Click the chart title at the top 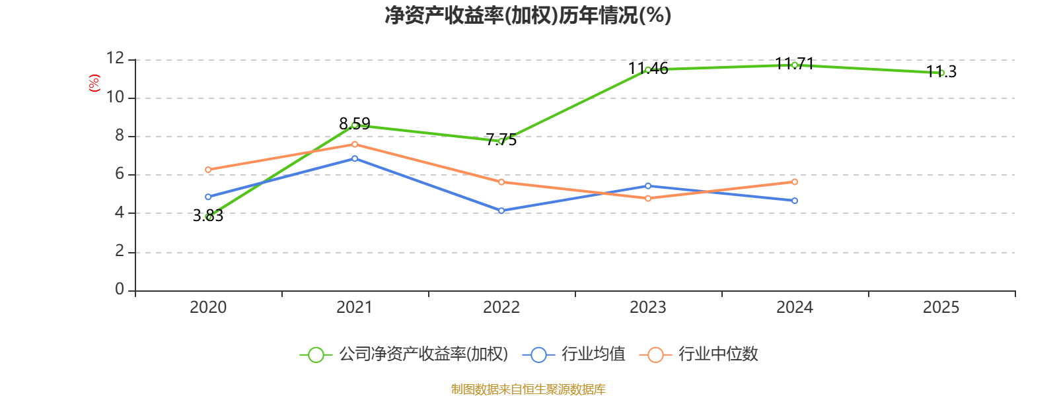tap(528, 15)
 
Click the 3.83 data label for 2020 tap(208, 216)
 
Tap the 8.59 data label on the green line tap(355, 123)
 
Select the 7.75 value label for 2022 tap(501, 139)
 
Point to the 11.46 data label tap(648, 68)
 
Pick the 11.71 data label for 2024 tap(794, 63)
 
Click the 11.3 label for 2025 tap(941, 71)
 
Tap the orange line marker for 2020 tap(208, 170)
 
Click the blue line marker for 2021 tap(355, 158)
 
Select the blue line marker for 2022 tap(501, 211)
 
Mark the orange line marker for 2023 tap(648, 198)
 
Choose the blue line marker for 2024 tap(795, 201)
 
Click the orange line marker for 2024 tap(795, 181)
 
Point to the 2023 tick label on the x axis tap(648, 307)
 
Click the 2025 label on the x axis tap(941, 307)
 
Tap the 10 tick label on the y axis tap(116, 98)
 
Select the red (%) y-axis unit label tap(94, 83)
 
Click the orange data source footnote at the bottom tap(528, 389)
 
